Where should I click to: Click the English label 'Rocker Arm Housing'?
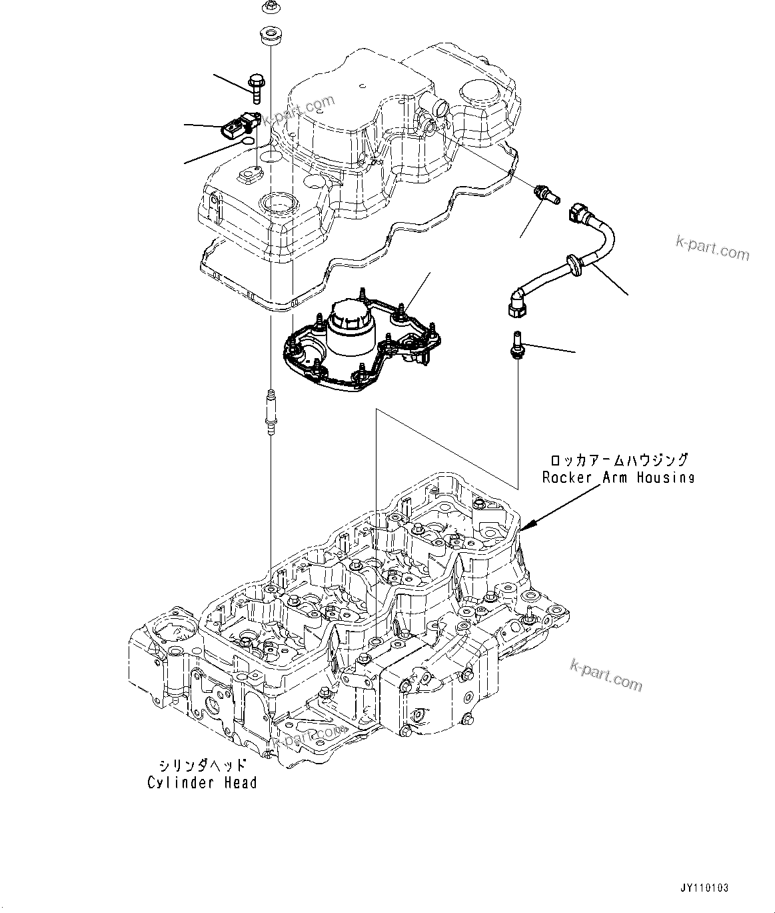(x=618, y=478)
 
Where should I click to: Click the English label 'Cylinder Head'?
(x=201, y=782)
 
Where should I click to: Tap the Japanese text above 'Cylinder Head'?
(x=203, y=765)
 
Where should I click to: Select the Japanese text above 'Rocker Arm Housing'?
(x=618, y=460)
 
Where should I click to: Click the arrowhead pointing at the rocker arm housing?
(x=523, y=529)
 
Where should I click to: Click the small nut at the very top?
(x=270, y=7)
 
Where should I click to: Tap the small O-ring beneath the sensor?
(x=247, y=141)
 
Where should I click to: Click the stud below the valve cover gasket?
(x=270, y=413)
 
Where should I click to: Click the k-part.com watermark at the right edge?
(x=712, y=250)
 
